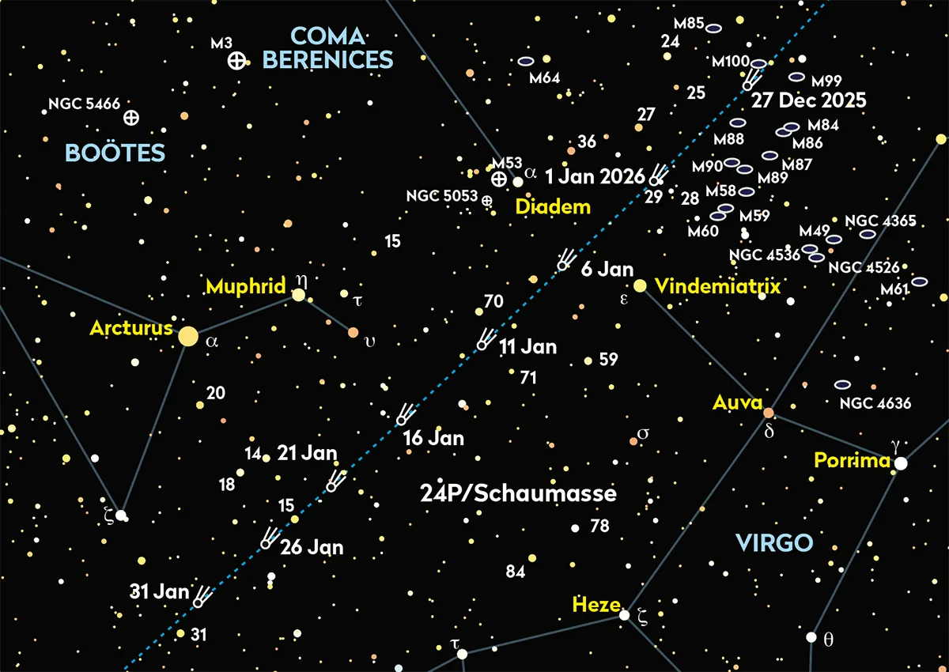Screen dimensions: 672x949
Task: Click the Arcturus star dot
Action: [188, 336]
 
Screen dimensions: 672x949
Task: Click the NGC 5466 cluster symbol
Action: [131, 117]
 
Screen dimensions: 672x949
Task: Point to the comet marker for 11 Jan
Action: [482, 344]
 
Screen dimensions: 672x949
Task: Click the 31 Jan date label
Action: [161, 591]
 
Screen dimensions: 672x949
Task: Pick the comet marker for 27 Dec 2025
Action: [747, 83]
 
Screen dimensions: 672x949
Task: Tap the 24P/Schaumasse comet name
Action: [518, 494]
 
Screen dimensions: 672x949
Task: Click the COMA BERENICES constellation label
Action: [327, 47]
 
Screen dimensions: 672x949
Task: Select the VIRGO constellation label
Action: [773, 542]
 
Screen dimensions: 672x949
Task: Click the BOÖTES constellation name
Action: [115, 153]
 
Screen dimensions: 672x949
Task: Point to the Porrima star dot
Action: [901, 463]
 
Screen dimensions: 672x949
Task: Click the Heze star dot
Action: [624, 614]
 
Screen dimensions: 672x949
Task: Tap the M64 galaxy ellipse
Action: [526, 61]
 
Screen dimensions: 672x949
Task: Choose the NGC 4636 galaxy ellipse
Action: [842, 385]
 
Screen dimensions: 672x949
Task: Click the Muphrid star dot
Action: [299, 295]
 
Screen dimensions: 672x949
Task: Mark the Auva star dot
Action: [768, 413]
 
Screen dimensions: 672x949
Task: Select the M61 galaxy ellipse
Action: [919, 281]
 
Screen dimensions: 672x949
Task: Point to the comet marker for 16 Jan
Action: [403, 419]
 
